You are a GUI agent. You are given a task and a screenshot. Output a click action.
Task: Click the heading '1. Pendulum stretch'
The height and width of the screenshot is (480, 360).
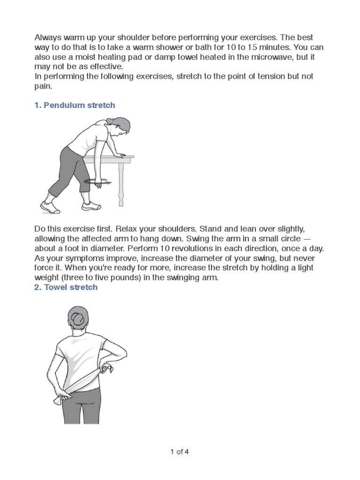coord(75,105)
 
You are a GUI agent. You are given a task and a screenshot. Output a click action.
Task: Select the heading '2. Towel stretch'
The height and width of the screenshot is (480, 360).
coord(66,287)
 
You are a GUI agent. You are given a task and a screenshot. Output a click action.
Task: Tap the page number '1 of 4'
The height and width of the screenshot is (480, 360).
coord(180,451)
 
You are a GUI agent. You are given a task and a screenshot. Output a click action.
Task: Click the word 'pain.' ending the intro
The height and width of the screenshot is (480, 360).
coord(43,86)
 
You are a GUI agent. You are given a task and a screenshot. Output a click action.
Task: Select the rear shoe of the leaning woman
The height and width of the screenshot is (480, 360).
coord(50,207)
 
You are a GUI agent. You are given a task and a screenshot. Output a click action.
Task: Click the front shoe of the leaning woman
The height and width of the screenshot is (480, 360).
coord(91,206)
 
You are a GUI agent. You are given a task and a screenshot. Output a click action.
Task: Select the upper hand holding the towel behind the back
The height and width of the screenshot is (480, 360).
coord(106,368)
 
